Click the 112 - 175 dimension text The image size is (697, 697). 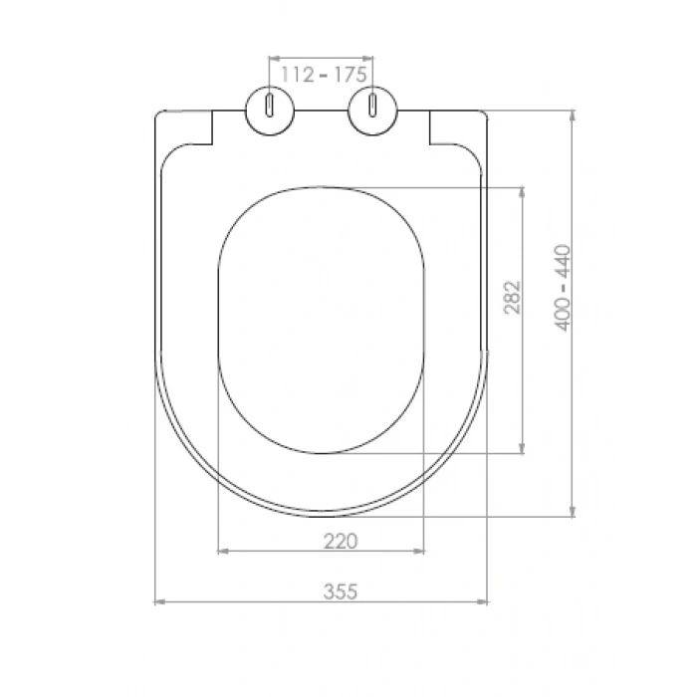coord(324,75)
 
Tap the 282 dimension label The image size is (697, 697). coord(512,298)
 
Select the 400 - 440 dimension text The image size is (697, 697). coord(562,288)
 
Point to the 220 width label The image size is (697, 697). coord(341,542)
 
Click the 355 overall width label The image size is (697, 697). coord(341,591)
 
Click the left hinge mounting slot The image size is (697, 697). coord(270,106)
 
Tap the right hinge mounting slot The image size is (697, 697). coord(372,106)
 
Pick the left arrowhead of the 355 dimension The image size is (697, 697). coord(159,601)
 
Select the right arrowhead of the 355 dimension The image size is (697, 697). coord(482,601)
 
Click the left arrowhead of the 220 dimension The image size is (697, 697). coord(223,552)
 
